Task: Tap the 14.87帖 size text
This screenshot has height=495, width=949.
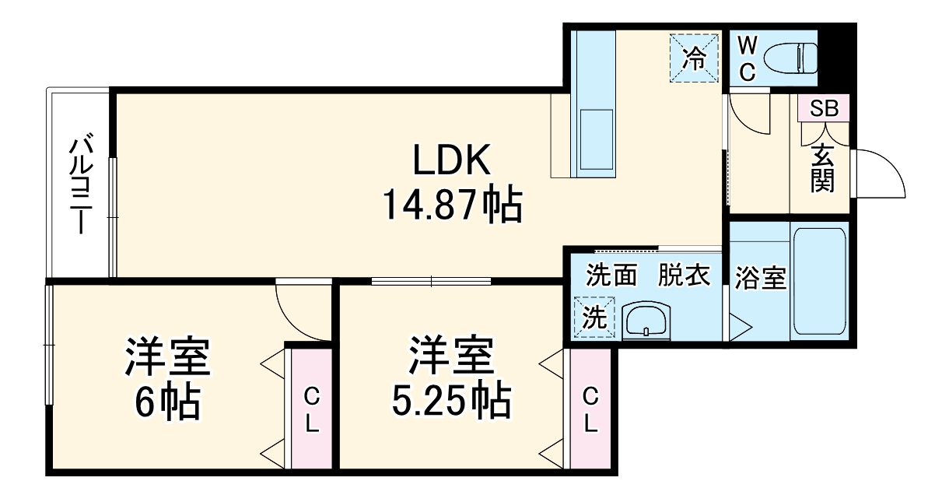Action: click(451, 205)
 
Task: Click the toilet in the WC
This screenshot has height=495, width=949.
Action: click(790, 57)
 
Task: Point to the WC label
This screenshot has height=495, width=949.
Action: click(747, 57)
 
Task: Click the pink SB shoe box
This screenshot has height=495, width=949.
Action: click(823, 108)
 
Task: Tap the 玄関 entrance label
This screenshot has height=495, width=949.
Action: click(822, 169)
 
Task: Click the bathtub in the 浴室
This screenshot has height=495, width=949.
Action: click(818, 282)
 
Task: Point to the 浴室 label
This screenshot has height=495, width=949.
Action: click(759, 279)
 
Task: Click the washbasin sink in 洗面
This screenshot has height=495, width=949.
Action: click(646, 319)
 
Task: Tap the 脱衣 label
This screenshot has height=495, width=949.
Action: click(685, 276)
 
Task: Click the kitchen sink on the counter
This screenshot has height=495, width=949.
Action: click(595, 141)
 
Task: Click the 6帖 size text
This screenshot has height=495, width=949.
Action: click(166, 403)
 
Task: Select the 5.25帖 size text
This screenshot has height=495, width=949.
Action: click(451, 403)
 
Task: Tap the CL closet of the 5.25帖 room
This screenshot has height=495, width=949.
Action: click(590, 410)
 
